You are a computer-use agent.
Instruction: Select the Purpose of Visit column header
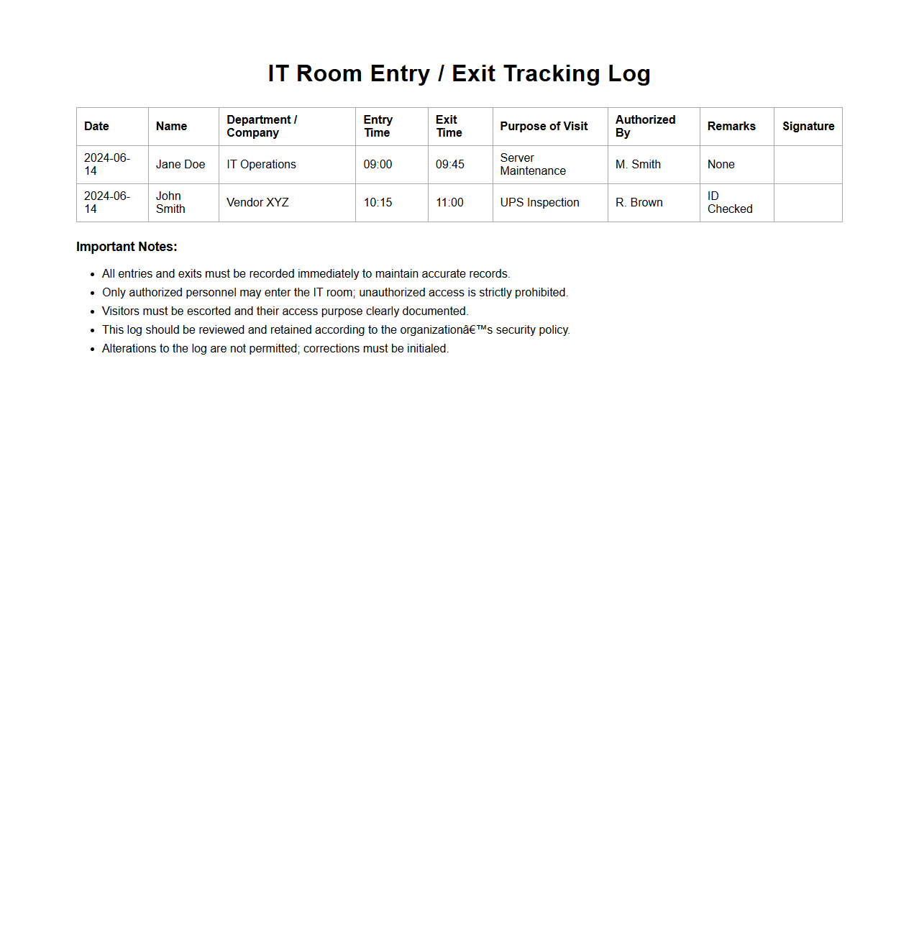pos(544,127)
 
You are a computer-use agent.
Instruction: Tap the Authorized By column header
pos(645,127)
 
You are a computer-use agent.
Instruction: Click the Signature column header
pos(808,127)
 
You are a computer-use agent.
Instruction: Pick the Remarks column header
pos(731,127)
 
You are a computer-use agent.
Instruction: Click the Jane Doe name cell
pos(180,165)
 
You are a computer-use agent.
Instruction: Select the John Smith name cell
pos(170,203)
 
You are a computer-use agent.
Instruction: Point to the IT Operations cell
pos(261,165)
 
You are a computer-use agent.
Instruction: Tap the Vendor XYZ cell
pos(257,203)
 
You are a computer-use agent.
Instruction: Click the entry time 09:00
pos(378,165)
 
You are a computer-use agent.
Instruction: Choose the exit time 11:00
pos(449,203)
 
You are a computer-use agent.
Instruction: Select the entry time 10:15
pos(378,203)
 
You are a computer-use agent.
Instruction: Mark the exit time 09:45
pos(450,165)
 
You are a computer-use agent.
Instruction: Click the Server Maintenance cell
pos(533,165)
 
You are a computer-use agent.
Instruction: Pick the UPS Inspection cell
pos(539,203)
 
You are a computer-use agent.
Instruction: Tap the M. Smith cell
pos(638,165)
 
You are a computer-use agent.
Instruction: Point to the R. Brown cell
pos(639,203)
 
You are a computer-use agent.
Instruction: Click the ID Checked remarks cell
pos(729,203)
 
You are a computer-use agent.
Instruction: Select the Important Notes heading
pos(127,247)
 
